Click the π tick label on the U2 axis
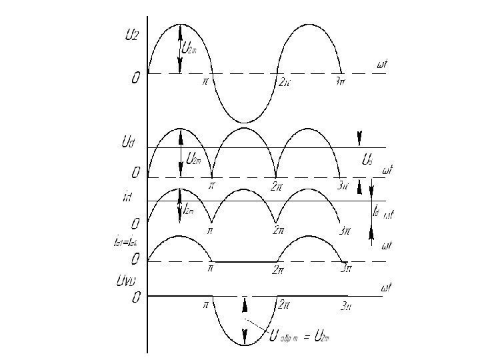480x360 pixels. pyautogui.click(x=205, y=83)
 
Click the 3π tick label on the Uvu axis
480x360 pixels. pyautogui.click(x=346, y=307)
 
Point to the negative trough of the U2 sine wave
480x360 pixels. pyautogui.click(x=245, y=122)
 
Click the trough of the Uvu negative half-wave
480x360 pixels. pyautogui.click(x=245, y=345)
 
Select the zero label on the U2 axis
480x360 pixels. pyautogui.click(x=136, y=79)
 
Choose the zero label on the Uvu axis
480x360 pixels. pyautogui.click(x=136, y=298)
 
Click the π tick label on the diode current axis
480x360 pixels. pyautogui.click(x=210, y=270)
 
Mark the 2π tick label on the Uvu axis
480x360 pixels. pyautogui.click(x=283, y=305)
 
